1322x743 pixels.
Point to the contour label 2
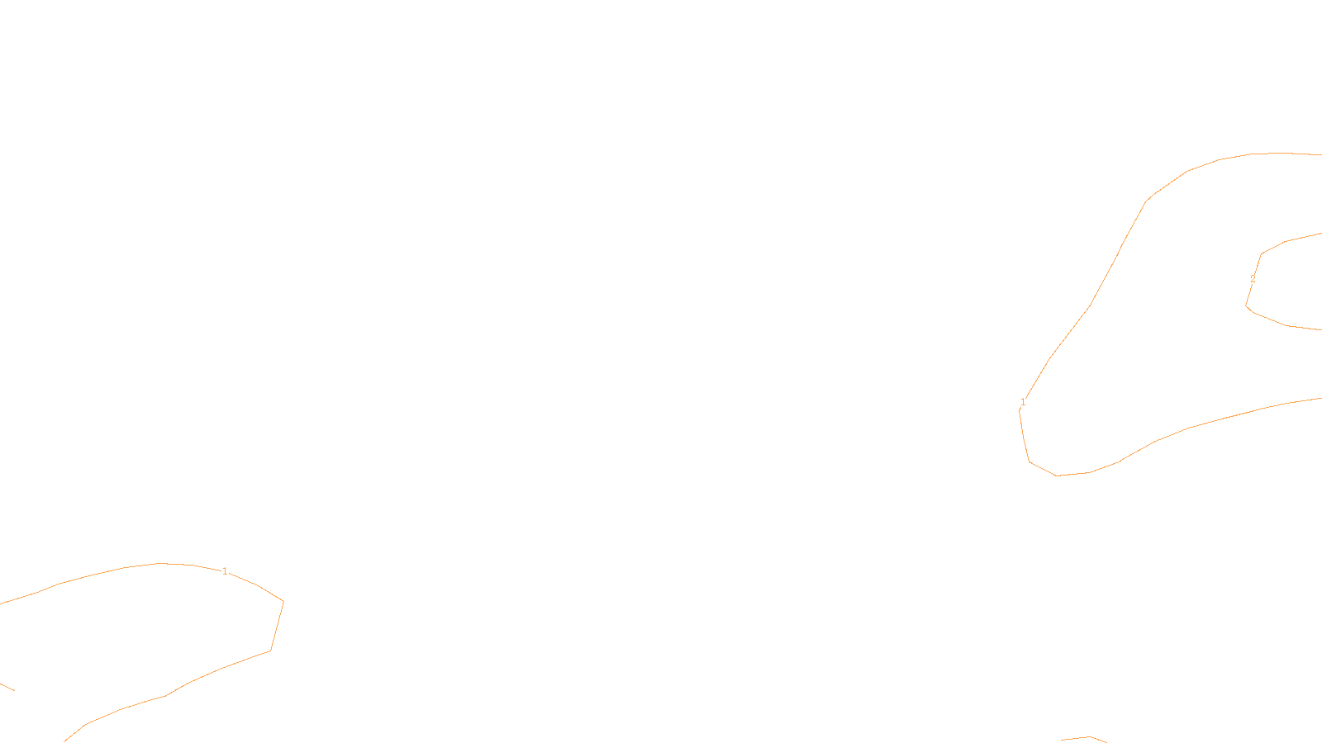tap(1253, 279)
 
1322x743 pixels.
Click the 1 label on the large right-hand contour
tap(1023, 402)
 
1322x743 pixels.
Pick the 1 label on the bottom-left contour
tap(225, 571)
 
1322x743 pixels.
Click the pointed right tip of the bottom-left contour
tap(283, 602)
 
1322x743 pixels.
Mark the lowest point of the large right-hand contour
tap(1058, 476)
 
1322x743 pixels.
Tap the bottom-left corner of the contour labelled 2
tap(1247, 306)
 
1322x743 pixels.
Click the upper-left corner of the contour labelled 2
tap(1261, 254)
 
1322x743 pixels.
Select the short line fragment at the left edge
tap(7, 686)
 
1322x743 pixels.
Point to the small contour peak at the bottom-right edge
tap(1090, 736)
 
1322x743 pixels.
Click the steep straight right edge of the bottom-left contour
tap(277, 627)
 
